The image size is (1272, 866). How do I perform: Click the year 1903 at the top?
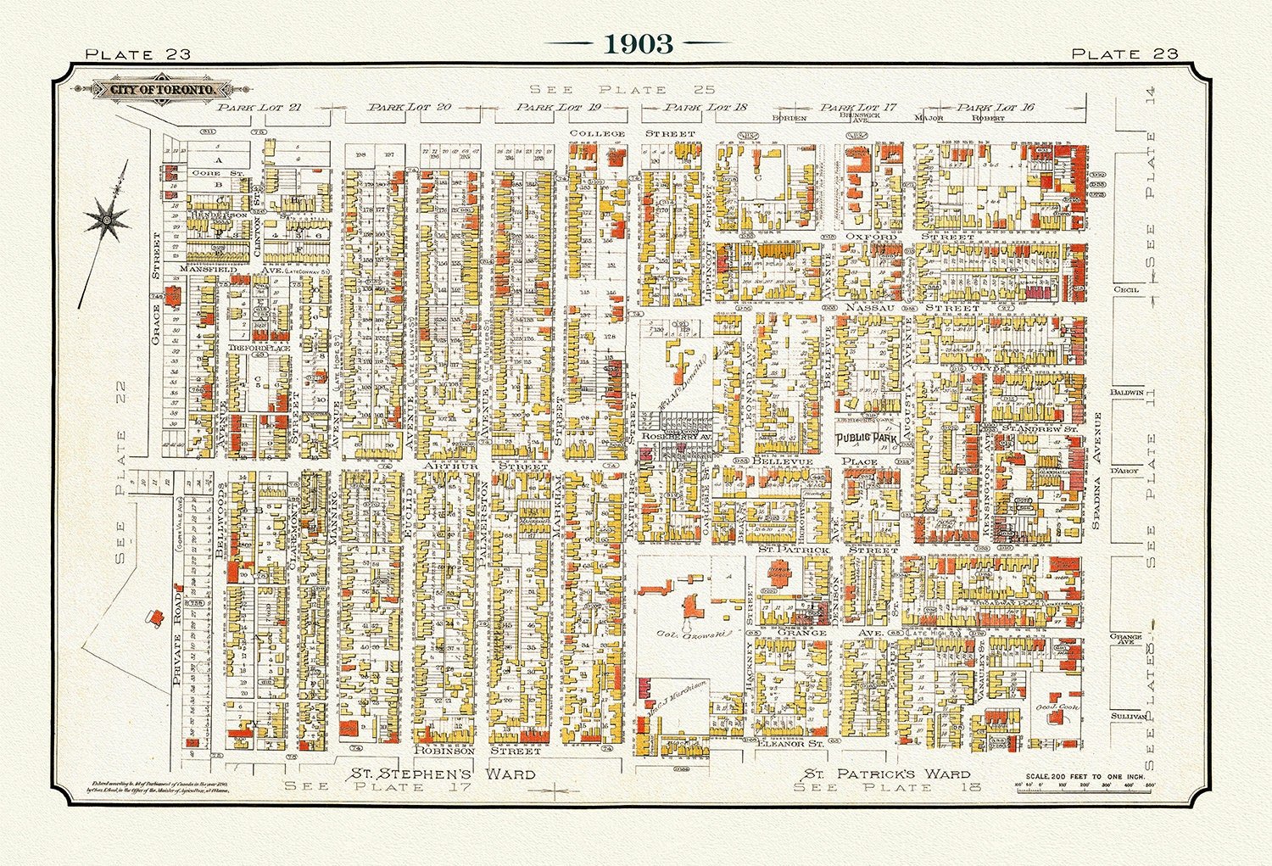[x=639, y=44]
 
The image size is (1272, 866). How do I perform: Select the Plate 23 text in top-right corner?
[x=1124, y=53]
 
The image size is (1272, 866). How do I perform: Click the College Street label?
[x=632, y=134]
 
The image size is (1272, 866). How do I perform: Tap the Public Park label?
[x=867, y=439]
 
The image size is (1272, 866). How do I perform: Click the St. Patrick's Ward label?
[x=887, y=774]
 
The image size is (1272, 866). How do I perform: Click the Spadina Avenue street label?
[x=1096, y=472]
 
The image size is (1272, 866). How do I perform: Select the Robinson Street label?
[x=477, y=751]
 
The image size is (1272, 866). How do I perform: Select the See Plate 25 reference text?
[x=622, y=90]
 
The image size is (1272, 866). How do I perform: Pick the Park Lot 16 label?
[x=985, y=108]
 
